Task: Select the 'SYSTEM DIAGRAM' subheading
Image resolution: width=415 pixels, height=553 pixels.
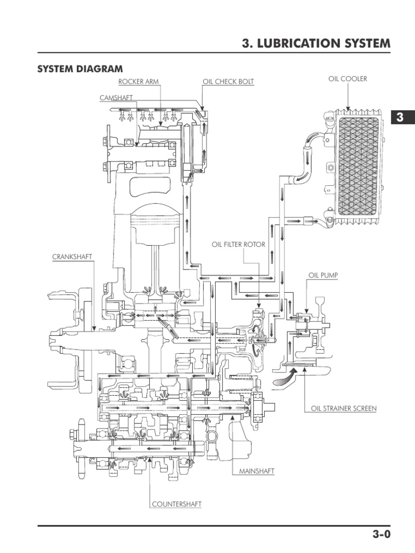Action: tap(79, 69)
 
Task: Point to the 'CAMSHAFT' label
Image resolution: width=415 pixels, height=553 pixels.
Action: tap(116, 98)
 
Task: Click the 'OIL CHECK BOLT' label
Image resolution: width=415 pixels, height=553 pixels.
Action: tap(228, 82)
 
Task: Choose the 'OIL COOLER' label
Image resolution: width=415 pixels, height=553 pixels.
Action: tap(347, 79)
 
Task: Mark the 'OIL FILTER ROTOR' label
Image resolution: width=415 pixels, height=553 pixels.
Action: tap(238, 245)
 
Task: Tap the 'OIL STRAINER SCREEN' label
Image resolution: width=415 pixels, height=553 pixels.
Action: tap(344, 409)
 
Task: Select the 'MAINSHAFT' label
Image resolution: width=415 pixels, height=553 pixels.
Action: tap(257, 471)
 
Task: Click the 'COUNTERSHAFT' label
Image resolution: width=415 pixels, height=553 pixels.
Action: tap(176, 504)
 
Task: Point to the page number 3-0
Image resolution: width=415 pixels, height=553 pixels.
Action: tap(380, 535)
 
